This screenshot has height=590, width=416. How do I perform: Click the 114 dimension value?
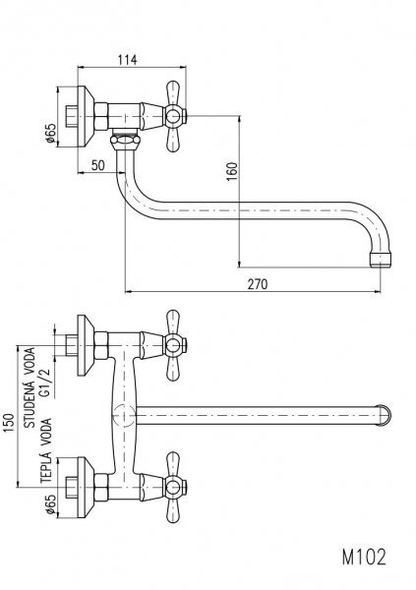[128, 59]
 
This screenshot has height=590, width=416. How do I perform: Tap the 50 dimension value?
[98, 165]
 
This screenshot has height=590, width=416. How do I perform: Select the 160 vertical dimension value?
[232, 171]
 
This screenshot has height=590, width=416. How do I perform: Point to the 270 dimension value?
[258, 284]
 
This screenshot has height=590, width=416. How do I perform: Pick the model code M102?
[364, 557]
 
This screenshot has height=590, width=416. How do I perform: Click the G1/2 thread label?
[45, 381]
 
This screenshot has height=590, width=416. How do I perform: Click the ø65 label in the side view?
[50, 134]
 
